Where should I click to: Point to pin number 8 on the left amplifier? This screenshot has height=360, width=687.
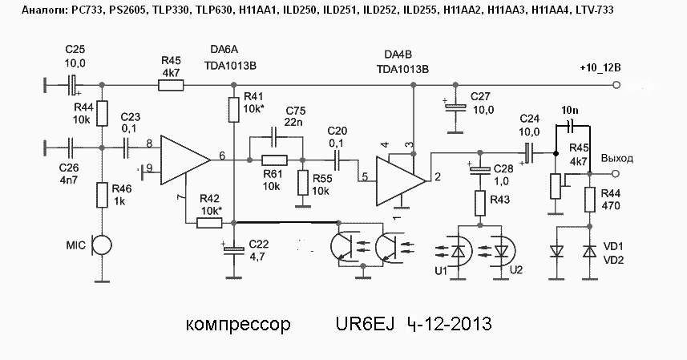[x=148, y=145]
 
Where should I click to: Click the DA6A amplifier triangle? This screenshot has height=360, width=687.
[x=185, y=158]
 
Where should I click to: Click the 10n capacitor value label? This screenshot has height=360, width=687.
[x=570, y=108]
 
